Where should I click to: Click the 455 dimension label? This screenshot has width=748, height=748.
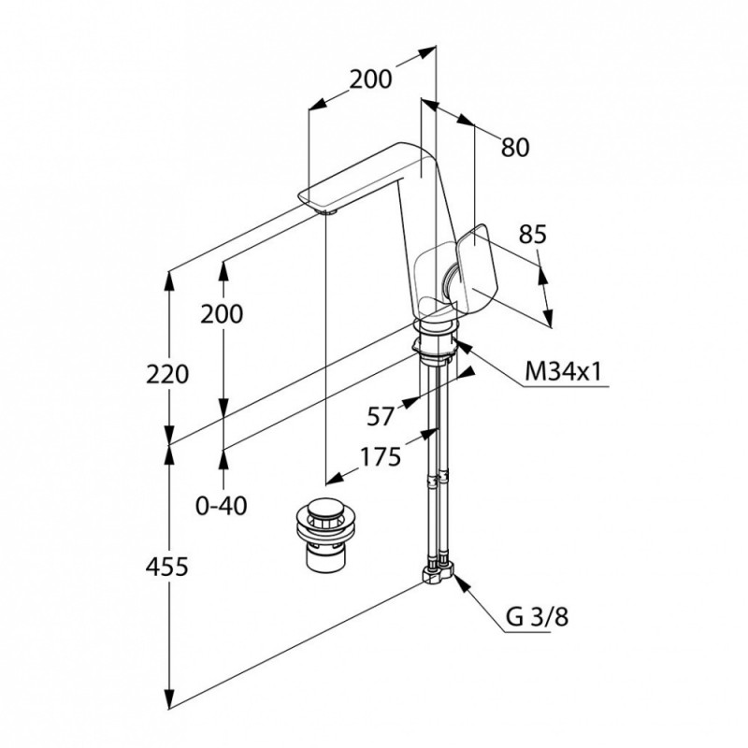pos(167,568)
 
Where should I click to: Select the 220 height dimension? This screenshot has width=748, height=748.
pos(167,374)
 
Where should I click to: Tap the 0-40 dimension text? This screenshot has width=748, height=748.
pos(222,506)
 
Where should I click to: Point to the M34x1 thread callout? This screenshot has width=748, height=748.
pos(563,371)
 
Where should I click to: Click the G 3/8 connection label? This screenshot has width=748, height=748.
pos(537,617)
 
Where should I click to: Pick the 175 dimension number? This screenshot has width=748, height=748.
pos(381,457)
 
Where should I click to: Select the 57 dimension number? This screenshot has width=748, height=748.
pos(381,417)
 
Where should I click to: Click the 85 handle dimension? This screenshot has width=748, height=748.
pos(532,235)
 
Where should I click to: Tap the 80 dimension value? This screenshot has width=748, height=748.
pos(515,148)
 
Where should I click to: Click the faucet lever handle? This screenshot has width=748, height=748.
pos(473,266)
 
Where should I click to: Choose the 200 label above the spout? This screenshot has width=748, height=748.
pos(370,79)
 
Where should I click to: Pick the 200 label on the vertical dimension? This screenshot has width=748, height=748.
pos(222,314)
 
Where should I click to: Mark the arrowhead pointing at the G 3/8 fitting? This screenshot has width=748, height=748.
pos(462,581)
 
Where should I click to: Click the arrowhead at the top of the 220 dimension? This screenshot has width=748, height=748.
pos(168,282)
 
